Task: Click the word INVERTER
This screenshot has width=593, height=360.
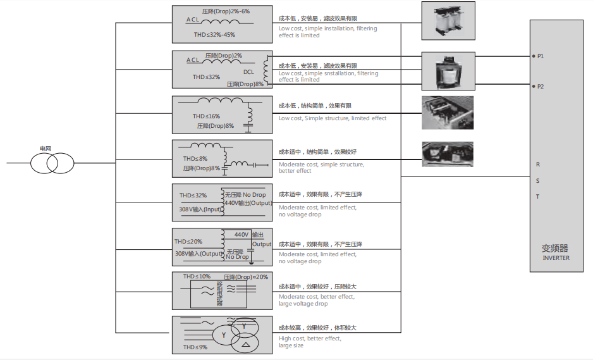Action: point(556,258)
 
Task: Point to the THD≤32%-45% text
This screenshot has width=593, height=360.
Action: point(214,34)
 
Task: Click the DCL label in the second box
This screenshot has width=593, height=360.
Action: point(248,72)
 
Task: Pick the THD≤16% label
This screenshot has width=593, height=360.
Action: point(206,116)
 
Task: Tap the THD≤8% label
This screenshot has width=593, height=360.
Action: point(195,159)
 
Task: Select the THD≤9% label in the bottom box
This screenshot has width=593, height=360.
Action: point(195,347)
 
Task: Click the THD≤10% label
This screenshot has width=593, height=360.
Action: point(197,276)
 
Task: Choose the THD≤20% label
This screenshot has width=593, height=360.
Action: point(188,241)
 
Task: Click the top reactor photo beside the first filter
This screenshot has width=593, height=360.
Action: point(448,21)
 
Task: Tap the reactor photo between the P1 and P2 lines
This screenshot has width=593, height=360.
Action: point(448,71)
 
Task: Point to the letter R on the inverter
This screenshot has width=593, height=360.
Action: point(538,164)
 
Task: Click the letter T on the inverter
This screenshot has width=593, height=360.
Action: point(537,197)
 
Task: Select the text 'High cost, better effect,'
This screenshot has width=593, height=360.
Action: point(310,338)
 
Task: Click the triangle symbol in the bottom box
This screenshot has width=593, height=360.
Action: point(245,344)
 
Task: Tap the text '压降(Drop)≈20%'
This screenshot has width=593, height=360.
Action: point(246,277)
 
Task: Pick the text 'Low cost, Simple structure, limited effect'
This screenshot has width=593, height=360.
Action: point(333,118)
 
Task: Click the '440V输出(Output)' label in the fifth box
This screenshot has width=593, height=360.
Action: point(248,203)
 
